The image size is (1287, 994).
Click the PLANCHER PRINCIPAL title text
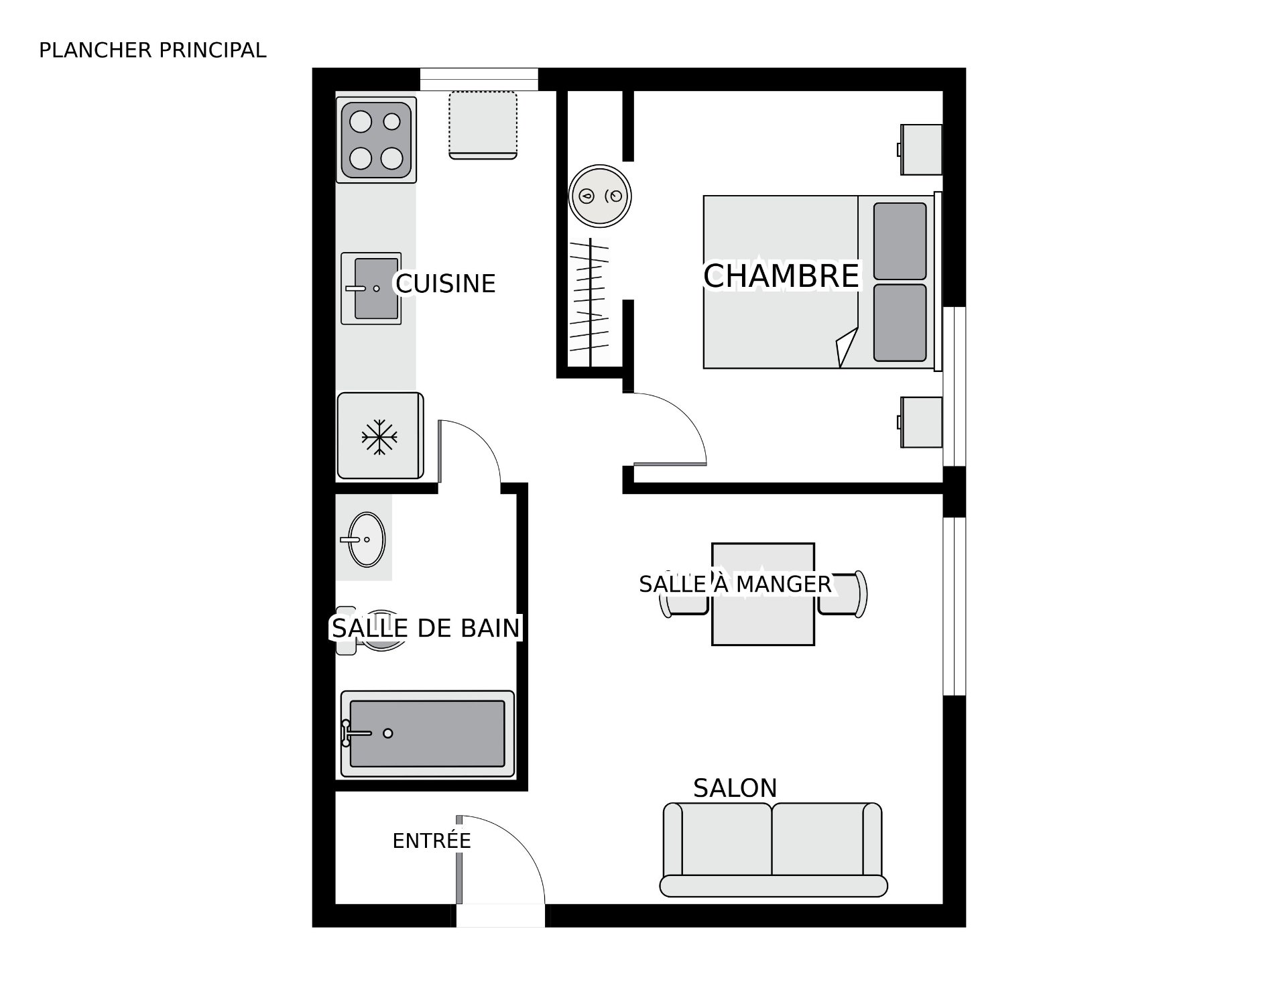point(153,50)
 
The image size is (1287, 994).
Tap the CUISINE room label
point(446,284)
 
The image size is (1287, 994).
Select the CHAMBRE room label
point(781,276)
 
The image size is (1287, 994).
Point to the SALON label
point(735,788)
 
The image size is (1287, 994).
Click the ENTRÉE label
point(432,840)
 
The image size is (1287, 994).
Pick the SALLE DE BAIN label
point(426,628)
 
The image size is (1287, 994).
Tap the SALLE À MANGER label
point(735,584)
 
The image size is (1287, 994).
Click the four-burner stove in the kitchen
point(376,140)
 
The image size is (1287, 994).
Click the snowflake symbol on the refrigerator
point(379,438)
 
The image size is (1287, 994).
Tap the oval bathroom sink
point(366,539)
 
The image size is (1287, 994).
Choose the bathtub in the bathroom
point(428,733)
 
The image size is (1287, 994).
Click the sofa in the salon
point(773,849)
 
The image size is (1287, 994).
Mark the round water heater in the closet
point(600,196)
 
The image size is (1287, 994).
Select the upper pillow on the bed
point(900,241)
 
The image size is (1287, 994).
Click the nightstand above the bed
point(920,149)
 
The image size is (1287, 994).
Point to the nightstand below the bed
point(920,422)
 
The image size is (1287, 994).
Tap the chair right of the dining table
point(843,594)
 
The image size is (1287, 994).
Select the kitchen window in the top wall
point(479,79)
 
